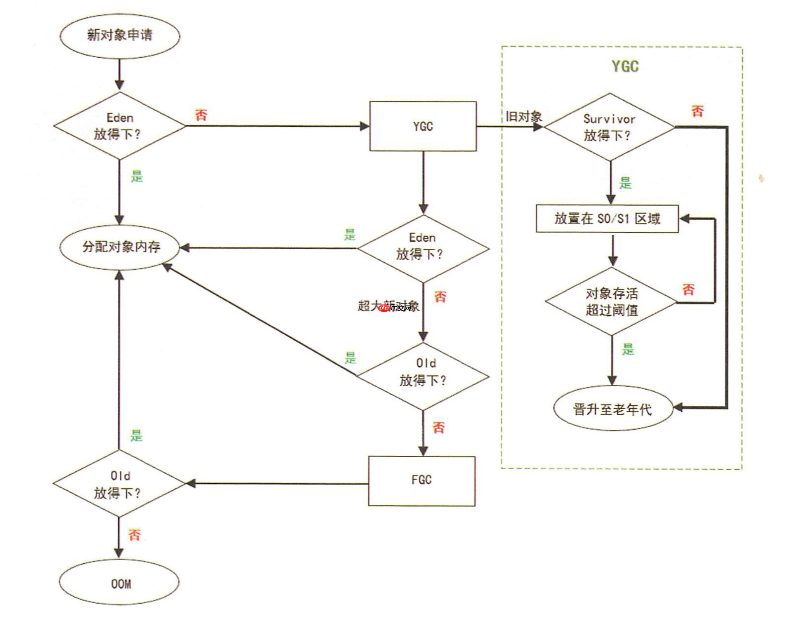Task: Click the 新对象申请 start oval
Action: coord(120,35)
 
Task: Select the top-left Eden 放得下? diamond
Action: coord(119,126)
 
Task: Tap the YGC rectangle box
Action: coord(423,126)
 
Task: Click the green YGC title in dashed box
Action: coord(625,66)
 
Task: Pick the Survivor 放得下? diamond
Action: coord(609,127)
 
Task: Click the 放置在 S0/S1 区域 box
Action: coord(607,219)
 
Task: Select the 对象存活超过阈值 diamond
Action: coord(611,302)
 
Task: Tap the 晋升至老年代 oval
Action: coord(613,408)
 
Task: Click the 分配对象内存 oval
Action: coord(120,247)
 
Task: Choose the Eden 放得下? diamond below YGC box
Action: coord(422,248)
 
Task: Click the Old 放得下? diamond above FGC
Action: coord(423,376)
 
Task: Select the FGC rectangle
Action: coord(422,481)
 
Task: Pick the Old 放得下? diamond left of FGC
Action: coord(119,484)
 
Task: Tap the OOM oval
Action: coord(120,583)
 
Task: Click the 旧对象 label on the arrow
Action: coord(523,117)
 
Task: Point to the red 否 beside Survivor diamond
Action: coord(697,111)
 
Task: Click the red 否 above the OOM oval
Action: coord(135,535)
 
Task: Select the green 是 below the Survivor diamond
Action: coord(625,183)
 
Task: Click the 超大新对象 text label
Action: coord(388,306)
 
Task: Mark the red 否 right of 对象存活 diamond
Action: coord(688,289)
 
